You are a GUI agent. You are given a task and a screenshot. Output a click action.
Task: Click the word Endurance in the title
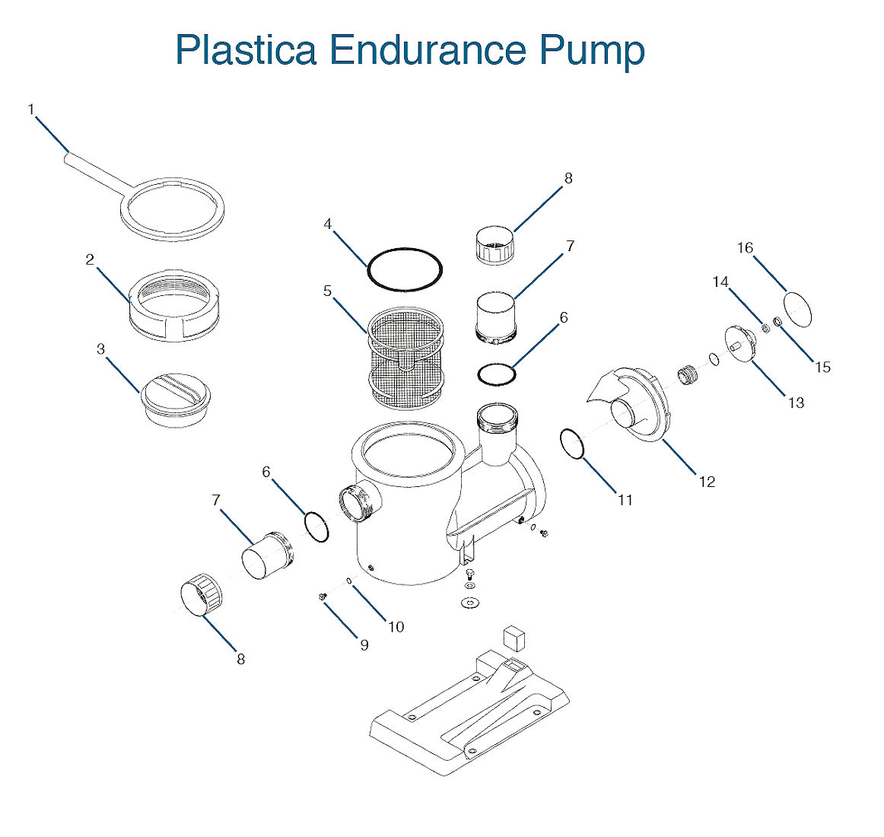click(x=428, y=50)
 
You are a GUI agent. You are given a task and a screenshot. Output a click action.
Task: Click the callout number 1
click(x=31, y=110)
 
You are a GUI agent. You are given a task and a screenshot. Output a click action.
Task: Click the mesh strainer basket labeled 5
click(x=405, y=358)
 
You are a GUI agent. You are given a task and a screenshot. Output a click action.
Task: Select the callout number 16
click(x=745, y=248)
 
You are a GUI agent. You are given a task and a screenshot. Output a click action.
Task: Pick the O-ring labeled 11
click(x=572, y=444)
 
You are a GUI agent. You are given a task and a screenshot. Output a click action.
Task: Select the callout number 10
click(x=396, y=627)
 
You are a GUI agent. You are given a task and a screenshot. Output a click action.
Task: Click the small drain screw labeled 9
click(x=323, y=597)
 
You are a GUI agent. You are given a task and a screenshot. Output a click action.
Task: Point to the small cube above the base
click(x=515, y=637)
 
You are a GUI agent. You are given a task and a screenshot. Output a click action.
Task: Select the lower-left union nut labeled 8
click(x=202, y=596)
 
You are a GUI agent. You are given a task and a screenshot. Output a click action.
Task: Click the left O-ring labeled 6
click(x=316, y=527)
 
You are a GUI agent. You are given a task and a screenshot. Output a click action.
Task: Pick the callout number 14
click(x=720, y=282)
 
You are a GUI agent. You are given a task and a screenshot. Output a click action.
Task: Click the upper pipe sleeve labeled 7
click(x=495, y=316)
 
